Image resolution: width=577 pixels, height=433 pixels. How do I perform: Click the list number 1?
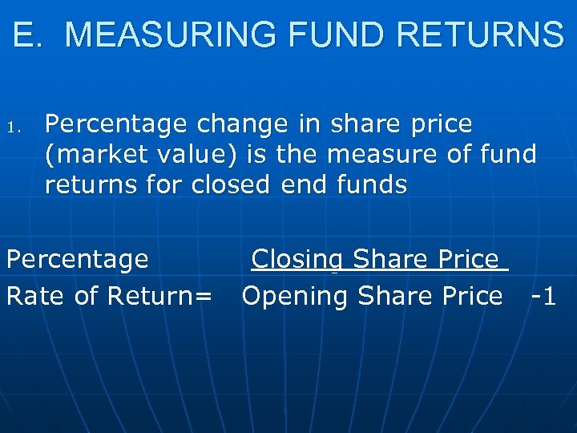(21, 126)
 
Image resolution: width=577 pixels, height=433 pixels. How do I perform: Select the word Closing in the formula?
(297, 259)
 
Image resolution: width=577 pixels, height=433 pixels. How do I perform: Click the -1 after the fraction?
(543, 296)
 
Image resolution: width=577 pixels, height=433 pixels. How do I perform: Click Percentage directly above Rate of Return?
(77, 259)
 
